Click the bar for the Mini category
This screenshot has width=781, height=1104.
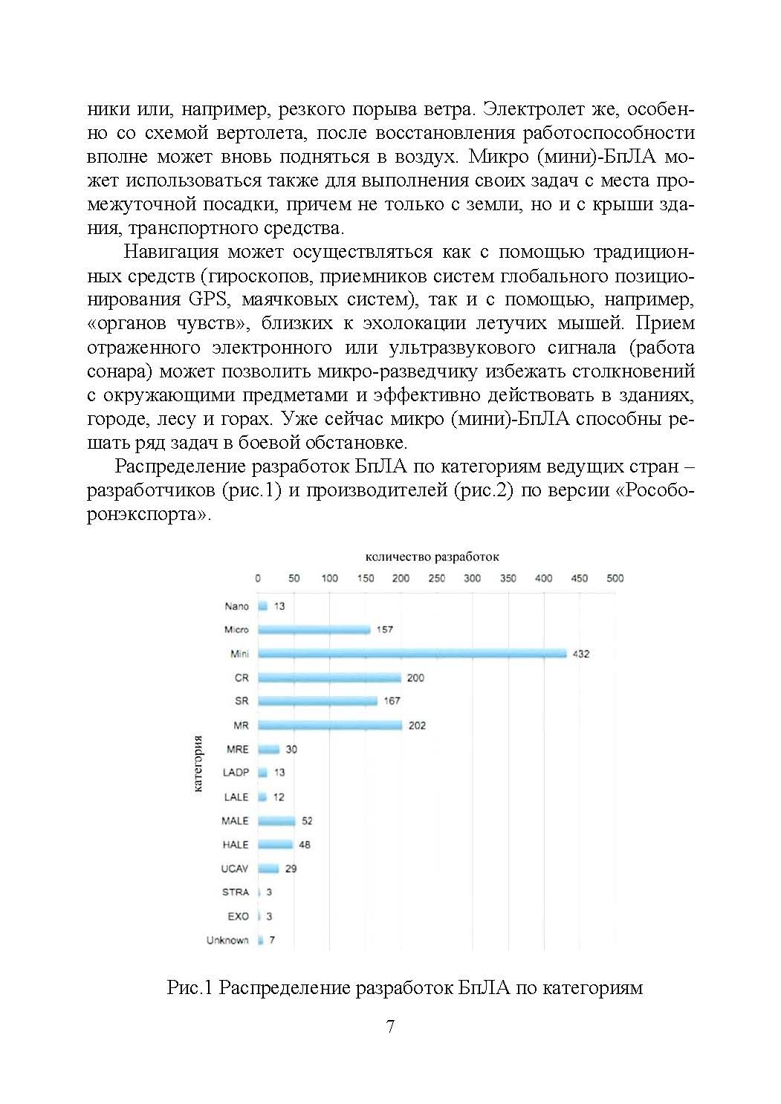pos(412,654)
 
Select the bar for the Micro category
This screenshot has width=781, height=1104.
pos(314,630)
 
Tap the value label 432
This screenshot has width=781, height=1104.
pos(580,654)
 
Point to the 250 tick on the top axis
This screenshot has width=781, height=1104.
pos(437,578)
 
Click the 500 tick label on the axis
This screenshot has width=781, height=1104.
pos(615,578)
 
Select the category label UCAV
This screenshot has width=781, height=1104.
pos(235,868)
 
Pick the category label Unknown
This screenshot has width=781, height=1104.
pos(227,941)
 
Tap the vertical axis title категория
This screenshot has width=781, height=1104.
pos(198,763)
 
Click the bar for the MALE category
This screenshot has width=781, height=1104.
pos(276,821)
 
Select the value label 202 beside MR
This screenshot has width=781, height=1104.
pos(417,725)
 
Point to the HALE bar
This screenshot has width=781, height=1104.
pos(275,845)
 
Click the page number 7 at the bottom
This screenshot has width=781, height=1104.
pos(390,1027)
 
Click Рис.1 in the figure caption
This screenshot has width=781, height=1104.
pos(190,988)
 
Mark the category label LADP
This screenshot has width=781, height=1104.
pos(236,773)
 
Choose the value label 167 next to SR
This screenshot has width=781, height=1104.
pos(392,701)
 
